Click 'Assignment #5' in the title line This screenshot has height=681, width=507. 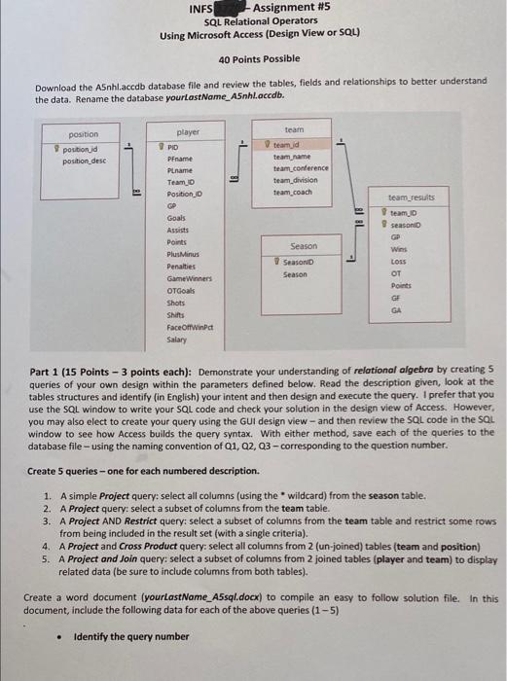click(x=294, y=9)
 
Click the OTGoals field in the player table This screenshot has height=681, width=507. click(x=182, y=290)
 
